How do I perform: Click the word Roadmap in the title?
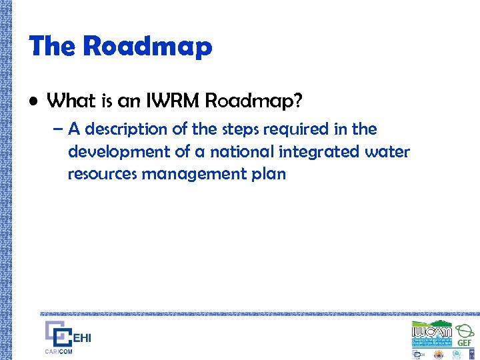pos(147,47)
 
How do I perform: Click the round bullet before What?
pos(34,101)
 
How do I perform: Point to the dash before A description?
pos(57,129)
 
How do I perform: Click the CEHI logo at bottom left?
pos(67,336)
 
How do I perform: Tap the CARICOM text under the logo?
pos(59,351)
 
